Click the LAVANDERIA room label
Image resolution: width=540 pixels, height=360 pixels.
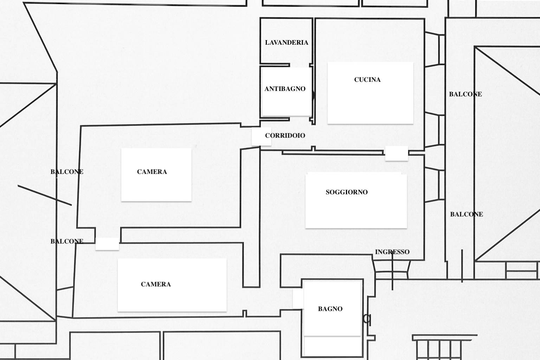coord(287,43)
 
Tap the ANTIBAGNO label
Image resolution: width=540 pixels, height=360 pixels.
coord(285,89)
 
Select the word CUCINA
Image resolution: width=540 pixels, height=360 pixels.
coord(367,79)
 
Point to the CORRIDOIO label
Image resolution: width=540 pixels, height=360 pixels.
coord(285,135)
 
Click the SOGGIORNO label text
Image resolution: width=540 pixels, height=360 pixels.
coord(346,192)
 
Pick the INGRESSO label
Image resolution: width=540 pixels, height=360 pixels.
coord(392,252)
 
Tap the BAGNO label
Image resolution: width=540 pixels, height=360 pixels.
coord(330,309)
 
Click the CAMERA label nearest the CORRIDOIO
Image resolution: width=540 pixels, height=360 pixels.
coord(152,172)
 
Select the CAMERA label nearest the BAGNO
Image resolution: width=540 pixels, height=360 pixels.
coord(156,284)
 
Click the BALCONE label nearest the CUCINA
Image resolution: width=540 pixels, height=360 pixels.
coord(465,94)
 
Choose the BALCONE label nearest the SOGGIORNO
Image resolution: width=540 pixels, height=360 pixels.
coord(467,214)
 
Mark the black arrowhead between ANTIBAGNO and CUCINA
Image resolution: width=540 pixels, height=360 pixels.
coord(314,95)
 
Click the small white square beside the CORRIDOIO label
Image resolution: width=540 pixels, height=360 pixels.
coord(261,136)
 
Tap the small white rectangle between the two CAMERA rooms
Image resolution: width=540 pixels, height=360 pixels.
coord(107,244)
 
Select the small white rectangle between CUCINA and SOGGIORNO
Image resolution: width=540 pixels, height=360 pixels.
coord(397,153)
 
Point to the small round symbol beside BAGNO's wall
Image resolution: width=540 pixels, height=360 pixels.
coord(367,319)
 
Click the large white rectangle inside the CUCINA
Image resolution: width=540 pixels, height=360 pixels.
coord(370,93)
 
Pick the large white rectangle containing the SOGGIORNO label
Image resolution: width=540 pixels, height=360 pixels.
coord(356,201)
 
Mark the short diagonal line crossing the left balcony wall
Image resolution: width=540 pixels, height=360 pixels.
coord(45,195)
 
